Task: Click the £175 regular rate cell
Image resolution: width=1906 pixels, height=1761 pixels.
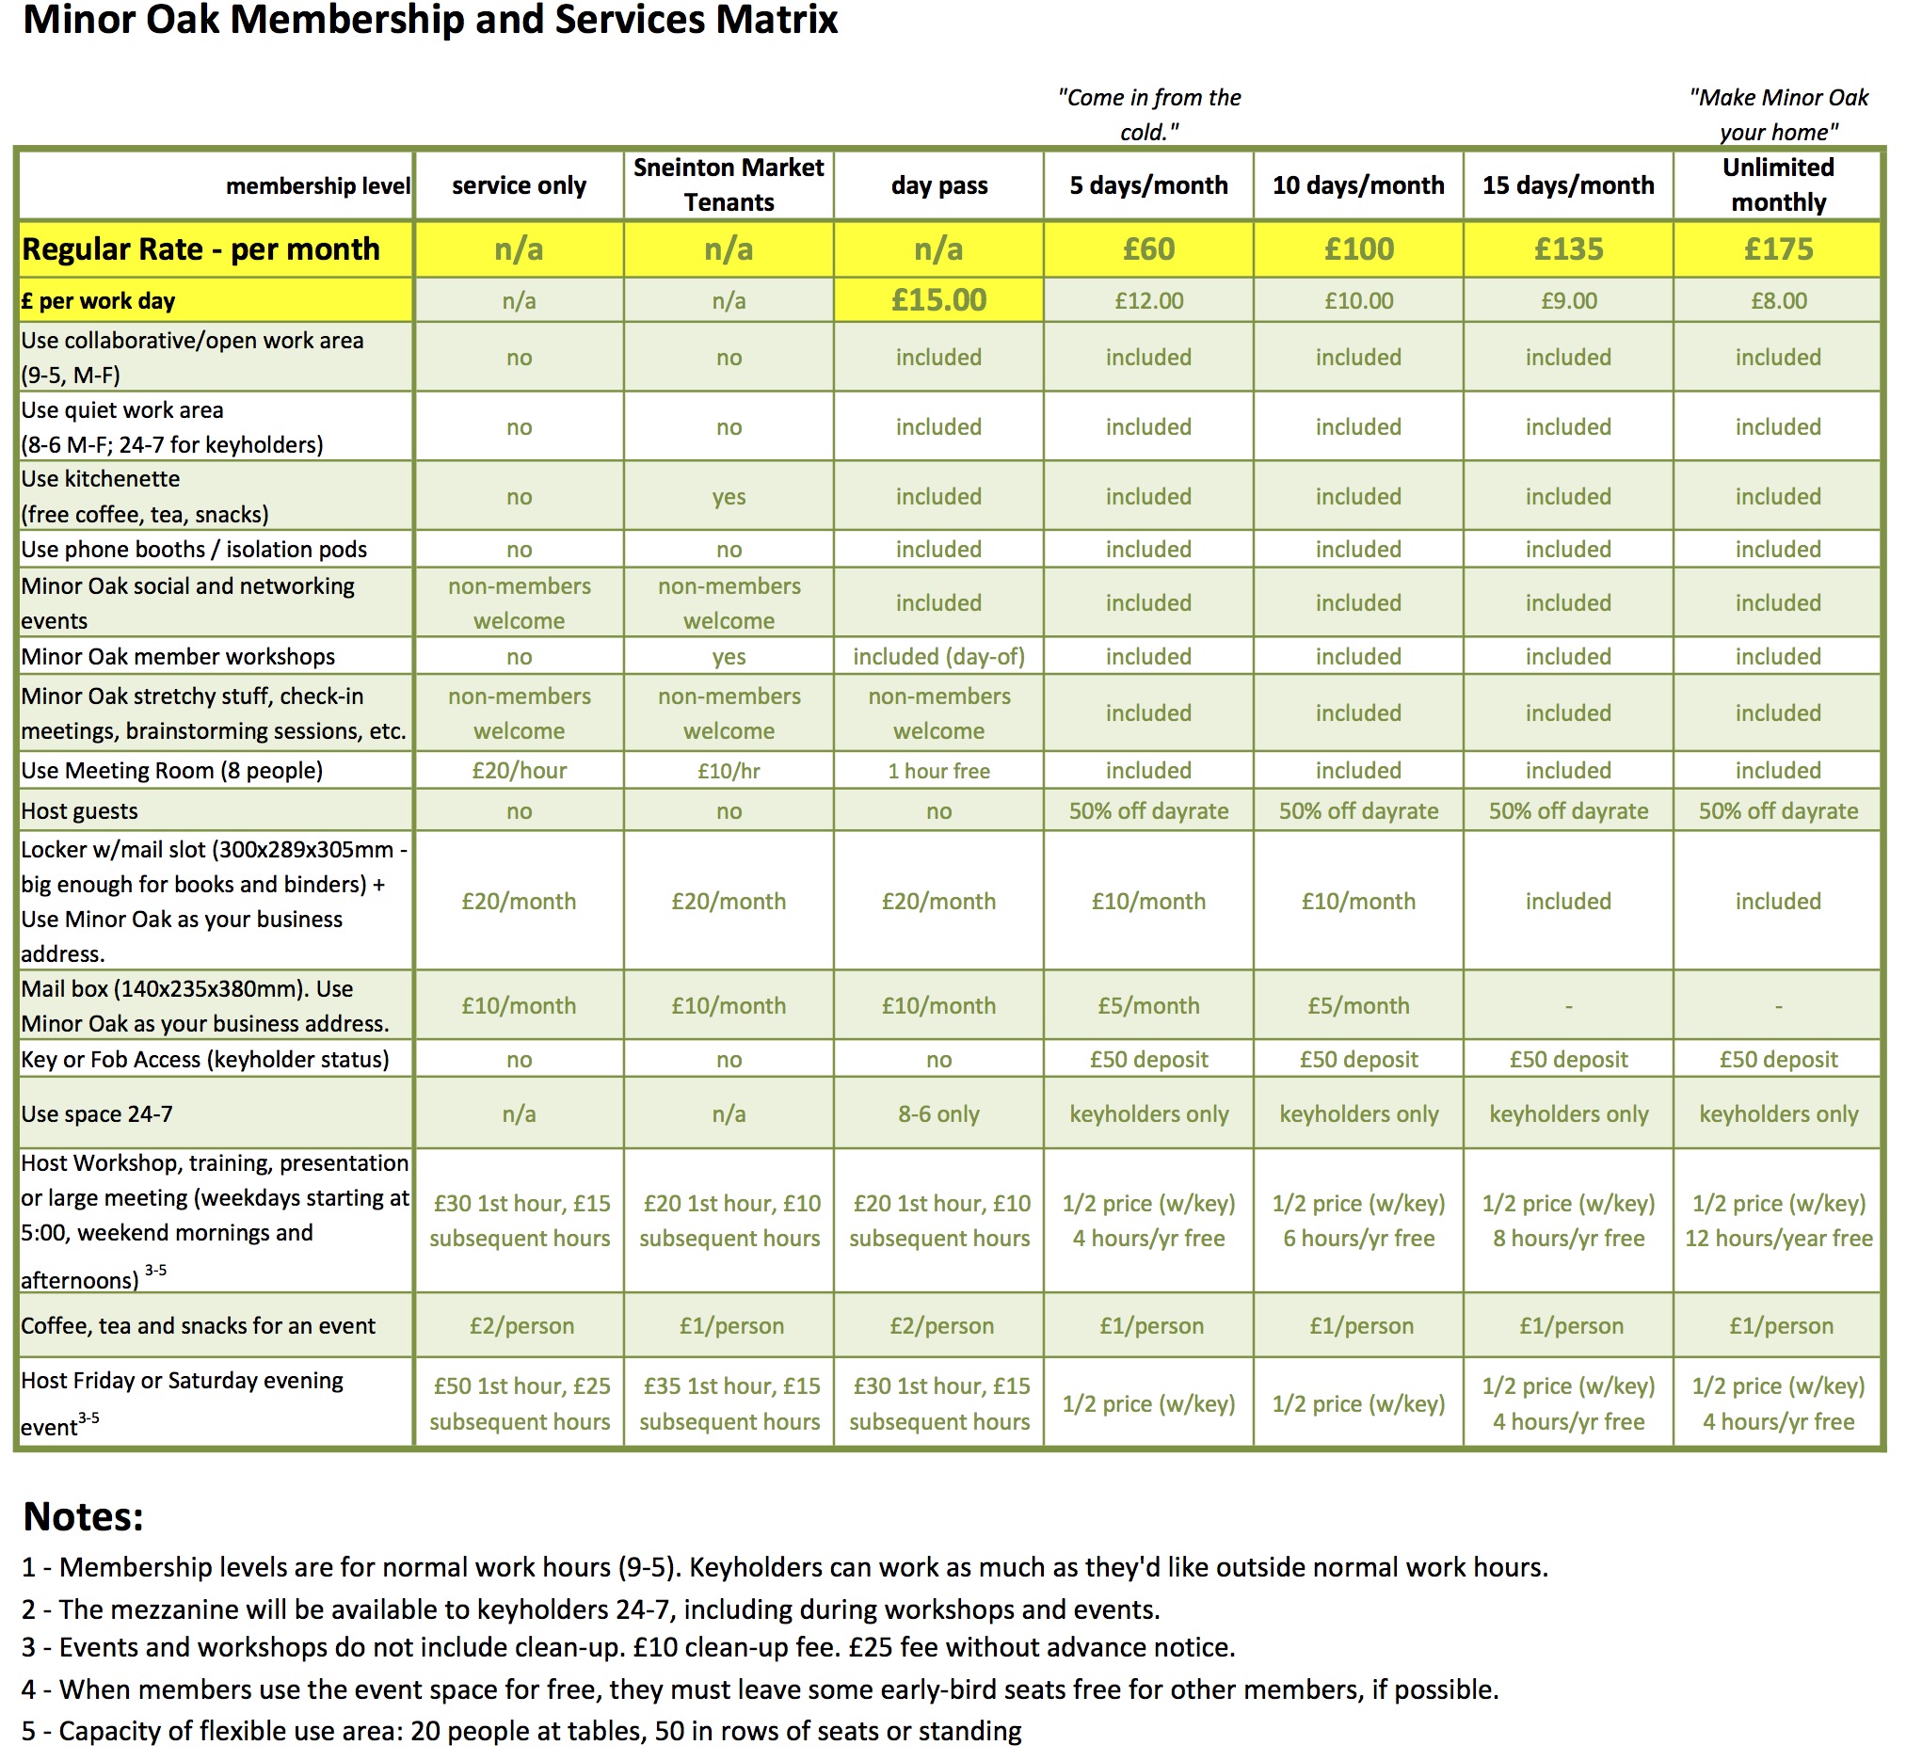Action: click(x=1777, y=249)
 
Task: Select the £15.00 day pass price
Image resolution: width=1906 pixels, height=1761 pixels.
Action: click(x=938, y=300)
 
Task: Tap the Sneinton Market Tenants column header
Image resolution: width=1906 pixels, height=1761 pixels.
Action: click(x=729, y=184)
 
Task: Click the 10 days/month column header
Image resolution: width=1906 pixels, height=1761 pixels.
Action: click(x=1358, y=184)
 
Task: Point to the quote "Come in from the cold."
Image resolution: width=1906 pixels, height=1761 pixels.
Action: click(x=1148, y=114)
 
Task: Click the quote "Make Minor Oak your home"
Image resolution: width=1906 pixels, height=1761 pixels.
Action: click(x=1777, y=114)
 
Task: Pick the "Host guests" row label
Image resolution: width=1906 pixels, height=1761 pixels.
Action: click(x=80, y=811)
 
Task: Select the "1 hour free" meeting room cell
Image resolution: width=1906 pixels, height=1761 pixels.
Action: click(x=938, y=771)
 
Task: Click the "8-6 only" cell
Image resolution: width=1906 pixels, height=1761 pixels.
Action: click(x=938, y=1114)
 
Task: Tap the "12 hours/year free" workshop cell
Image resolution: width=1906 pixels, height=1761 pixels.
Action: click(x=1778, y=1239)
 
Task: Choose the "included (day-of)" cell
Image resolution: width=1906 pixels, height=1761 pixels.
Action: click(x=938, y=657)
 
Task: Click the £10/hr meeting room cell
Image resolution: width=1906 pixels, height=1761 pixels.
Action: click(x=729, y=771)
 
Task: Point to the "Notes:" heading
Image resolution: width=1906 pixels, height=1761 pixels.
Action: click(x=83, y=1517)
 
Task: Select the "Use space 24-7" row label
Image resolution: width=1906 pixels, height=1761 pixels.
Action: click(x=97, y=1114)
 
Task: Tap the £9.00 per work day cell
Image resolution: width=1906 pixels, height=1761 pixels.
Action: click(x=1569, y=301)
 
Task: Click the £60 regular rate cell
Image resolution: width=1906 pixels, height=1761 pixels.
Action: click(x=1148, y=249)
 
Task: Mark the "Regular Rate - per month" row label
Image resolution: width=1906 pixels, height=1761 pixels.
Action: click(x=201, y=249)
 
